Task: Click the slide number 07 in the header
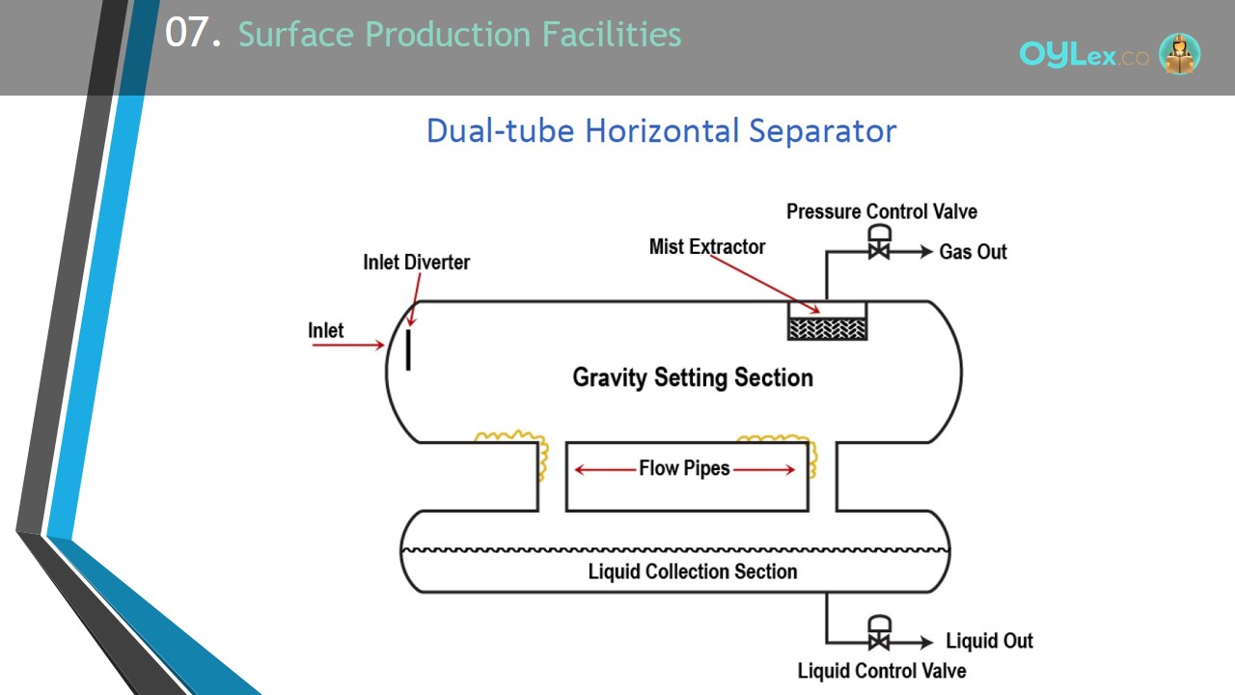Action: [x=193, y=33]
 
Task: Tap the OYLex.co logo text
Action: [x=1084, y=54]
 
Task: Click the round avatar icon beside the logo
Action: [x=1179, y=53]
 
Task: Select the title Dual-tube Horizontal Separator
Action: [x=662, y=131]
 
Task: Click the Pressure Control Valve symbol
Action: [x=879, y=242]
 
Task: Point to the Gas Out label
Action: [x=974, y=252]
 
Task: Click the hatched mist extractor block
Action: [x=827, y=329]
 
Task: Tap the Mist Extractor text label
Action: [x=707, y=246]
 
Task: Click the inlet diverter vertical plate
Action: [x=408, y=349]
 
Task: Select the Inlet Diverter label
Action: [x=416, y=263]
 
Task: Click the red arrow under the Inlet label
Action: [x=348, y=346]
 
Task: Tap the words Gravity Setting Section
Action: [x=693, y=377]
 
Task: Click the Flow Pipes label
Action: [x=684, y=468]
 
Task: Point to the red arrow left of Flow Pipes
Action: [x=605, y=469]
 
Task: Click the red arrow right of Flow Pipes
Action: [x=764, y=469]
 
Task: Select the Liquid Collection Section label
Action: [x=693, y=571]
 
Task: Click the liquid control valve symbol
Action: [x=879, y=632]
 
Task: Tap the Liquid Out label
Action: [x=989, y=641]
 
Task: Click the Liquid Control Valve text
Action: [x=882, y=671]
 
